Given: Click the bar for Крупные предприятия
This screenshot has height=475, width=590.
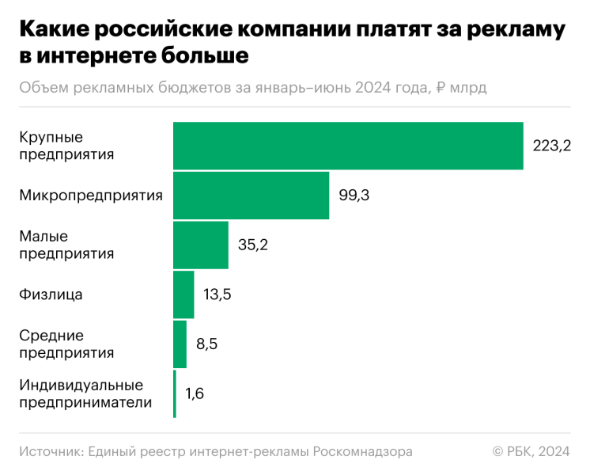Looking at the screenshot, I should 348,146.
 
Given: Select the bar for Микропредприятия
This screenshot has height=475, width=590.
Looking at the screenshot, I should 251,196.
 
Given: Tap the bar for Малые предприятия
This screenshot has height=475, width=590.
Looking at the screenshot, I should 200,245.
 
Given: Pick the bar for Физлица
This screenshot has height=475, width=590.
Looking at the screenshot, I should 183,294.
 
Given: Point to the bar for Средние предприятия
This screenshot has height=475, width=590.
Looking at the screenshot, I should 180,344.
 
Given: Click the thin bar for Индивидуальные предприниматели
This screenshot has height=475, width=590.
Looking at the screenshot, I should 175,393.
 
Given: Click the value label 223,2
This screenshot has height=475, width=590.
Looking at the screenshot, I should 551,146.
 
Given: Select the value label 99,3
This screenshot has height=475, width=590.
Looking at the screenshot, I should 354,196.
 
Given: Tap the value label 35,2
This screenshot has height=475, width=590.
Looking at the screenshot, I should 253,245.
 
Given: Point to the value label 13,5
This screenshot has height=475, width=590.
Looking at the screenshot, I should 219,294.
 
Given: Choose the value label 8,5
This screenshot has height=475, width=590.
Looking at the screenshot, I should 207,344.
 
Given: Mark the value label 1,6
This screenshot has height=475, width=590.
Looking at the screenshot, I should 195,393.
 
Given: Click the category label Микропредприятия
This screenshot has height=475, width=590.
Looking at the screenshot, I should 91,196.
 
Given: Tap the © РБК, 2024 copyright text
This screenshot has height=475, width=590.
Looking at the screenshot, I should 531,451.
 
